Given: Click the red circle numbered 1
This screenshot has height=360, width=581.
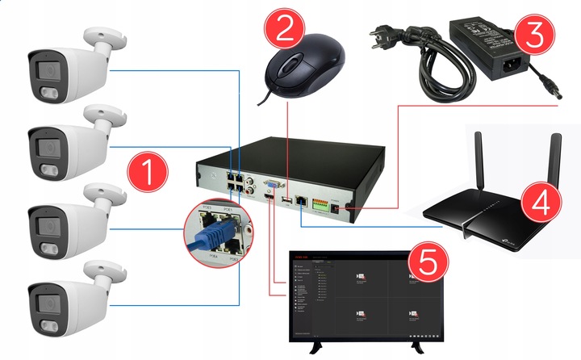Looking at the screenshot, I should pyautogui.click(x=148, y=172).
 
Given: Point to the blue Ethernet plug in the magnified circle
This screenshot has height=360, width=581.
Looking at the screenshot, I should pyautogui.click(x=210, y=234).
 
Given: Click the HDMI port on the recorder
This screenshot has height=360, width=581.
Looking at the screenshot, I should pyautogui.click(x=265, y=198).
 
